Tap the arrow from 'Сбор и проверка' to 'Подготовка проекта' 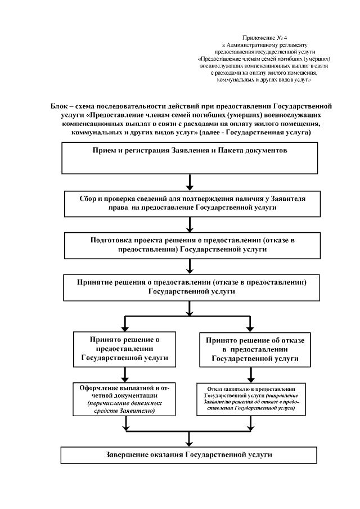[x=190, y=224]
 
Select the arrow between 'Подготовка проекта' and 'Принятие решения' [x=190, y=265]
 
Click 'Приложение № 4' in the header [x=264, y=37]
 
